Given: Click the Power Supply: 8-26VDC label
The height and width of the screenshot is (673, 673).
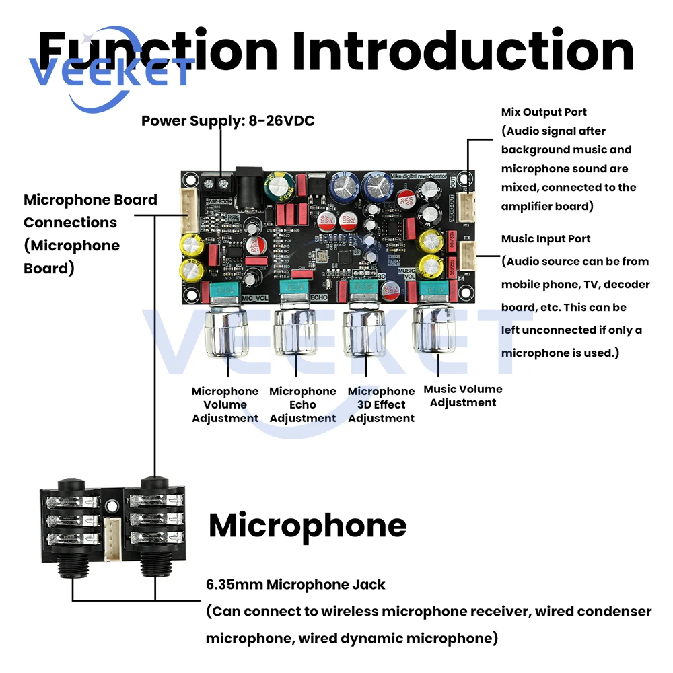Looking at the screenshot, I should (227, 121).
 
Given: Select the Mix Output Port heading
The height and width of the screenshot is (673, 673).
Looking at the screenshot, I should (544, 112).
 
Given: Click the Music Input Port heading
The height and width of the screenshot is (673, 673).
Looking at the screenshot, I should (546, 239).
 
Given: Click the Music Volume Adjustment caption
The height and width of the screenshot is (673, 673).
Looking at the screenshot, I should (462, 396).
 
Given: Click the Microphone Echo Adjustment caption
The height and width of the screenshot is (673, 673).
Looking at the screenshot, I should (302, 404).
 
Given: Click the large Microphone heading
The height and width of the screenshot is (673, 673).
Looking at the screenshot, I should (308, 526).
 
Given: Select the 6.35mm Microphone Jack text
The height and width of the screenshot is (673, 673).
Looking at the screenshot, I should (295, 584).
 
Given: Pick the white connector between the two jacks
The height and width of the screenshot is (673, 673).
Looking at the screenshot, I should (113, 532).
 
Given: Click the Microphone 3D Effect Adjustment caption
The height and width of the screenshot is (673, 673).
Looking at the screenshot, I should (381, 404).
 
